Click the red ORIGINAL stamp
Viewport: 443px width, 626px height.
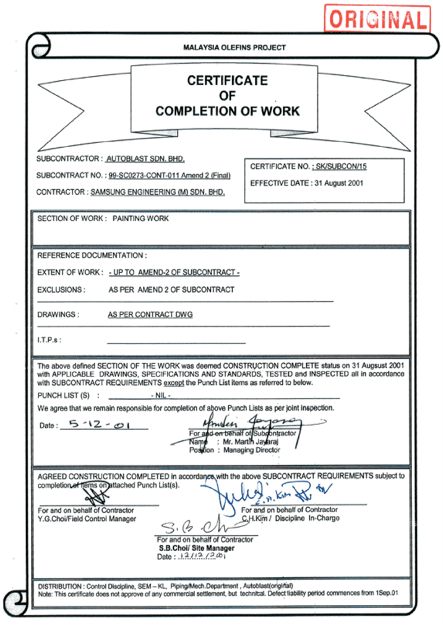point(377,19)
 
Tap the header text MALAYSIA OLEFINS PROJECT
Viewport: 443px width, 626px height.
point(234,48)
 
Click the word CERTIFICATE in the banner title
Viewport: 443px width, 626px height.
point(227,80)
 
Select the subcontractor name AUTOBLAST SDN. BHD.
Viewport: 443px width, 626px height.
point(145,159)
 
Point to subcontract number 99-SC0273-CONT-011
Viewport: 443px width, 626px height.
point(143,176)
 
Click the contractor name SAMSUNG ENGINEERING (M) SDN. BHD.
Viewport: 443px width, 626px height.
point(158,192)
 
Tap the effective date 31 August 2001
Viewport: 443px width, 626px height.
point(339,183)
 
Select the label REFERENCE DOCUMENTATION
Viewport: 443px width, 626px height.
point(92,255)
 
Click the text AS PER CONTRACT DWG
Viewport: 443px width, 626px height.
point(150,315)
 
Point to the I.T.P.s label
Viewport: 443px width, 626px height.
point(49,340)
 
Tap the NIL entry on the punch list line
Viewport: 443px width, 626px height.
point(160,395)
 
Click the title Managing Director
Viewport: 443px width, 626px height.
point(251,450)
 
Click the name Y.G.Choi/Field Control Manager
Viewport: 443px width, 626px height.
point(87,518)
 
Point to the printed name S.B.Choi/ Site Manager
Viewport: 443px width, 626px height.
point(197,548)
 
